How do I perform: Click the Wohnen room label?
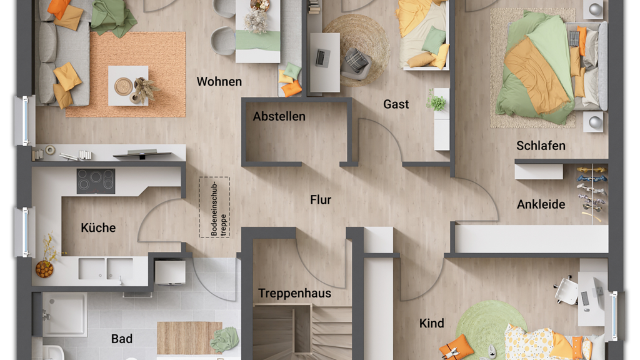pyautogui.click(x=219, y=82)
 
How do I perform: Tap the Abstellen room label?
pyautogui.click(x=279, y=116)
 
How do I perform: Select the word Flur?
pyautogui.click(x=321, y=199)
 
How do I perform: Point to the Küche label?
pyautogui.click(x=98, y=227)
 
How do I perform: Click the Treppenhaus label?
pyautogui.click(x=294, y=294)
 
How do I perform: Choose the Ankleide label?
pyautogui.click(x=541, y=204)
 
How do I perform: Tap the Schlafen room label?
pyautogui.click(x=541, y=146)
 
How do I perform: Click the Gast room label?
pyautogui.click(x=396, y=104)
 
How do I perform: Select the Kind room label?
pyautogui.click(x=431, y=323)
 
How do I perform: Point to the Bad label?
pyautogui.click(x=122, y=339)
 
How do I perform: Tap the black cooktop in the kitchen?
pyautogui.click(x=96, y=181)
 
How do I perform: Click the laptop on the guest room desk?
pyautogui.click(x=322, y=58)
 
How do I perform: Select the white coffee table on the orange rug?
pyautogui.click(x=128, y=86)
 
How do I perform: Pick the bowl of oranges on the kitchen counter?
pyautogui.click(x=44, y=269)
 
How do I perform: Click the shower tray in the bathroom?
pyautogui.click(x=64, y=314)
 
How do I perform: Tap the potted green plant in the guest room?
pyautogui.click(x=436, y=101)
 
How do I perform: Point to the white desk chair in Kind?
pyautogui.click(x=566, y=290)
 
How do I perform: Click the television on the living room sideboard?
pyautogui.click(x=142, y=154)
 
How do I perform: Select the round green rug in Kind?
pyautogui.click(x=486, y=326)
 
